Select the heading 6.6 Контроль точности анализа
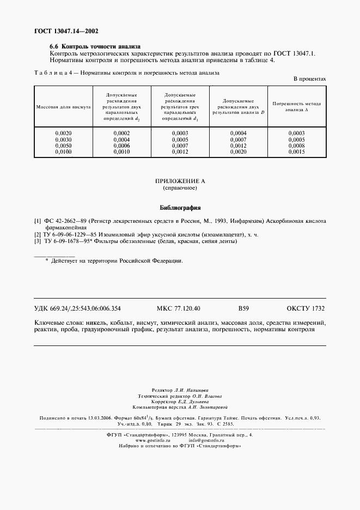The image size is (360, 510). coord(95,47)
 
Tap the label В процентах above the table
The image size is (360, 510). coord(309,79)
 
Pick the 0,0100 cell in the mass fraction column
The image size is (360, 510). coord(63,152)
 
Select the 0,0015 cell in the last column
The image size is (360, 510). coord(296,152)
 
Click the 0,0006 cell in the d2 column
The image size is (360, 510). coord(121,146)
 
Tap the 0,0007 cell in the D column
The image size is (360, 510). coord(238,140)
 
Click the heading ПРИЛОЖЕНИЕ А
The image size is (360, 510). coord(180,180)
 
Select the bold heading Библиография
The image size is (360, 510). coord(180,208)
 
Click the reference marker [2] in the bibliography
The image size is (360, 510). coord(38,234)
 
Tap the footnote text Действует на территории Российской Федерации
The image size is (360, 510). coord(117,261)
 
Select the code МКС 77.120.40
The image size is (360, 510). coord(178,308)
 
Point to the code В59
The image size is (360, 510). coord(243,308)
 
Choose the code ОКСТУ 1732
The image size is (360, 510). coord(304,308)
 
